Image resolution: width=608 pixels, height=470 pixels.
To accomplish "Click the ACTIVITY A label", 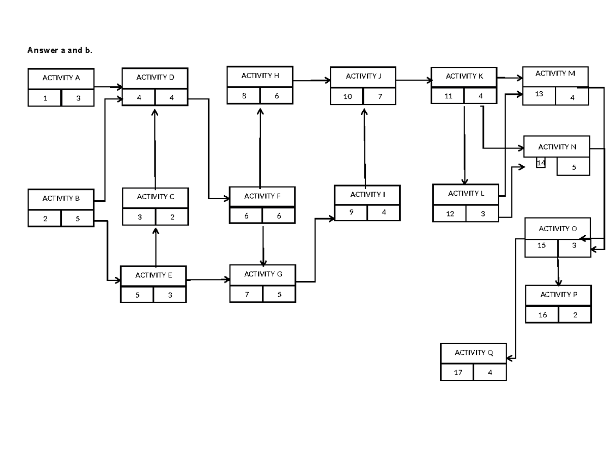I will [61, 78].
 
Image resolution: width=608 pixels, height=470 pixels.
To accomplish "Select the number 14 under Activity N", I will [541, 163].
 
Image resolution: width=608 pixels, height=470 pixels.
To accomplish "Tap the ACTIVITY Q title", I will [473, 353].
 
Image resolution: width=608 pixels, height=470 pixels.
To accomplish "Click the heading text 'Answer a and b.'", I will [60, 51].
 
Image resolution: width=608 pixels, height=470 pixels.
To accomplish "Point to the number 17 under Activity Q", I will [458, 373].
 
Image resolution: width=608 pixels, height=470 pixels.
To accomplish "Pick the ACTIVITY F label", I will [262, 196].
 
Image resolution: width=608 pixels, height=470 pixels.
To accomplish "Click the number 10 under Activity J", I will [347, 96].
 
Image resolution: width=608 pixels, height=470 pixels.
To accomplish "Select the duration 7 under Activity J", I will [379, 96].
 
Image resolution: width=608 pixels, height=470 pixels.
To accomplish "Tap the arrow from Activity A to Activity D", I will [108, 87].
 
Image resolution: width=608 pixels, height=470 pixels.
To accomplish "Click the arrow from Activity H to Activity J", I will [312, 80].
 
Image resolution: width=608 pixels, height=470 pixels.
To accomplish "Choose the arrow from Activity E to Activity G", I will [208, 279].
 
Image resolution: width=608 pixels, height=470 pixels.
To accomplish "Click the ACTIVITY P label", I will [558, 295].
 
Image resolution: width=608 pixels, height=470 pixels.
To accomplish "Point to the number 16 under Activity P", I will [542, 315].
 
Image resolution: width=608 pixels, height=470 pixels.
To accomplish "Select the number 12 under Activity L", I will [449, 214].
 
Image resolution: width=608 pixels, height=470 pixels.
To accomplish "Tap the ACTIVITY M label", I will [555, 74].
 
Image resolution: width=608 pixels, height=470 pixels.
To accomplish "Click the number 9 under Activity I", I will [351, 213].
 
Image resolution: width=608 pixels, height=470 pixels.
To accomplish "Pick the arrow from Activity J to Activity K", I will [413, 80].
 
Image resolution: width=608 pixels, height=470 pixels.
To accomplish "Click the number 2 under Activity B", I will [45, 219].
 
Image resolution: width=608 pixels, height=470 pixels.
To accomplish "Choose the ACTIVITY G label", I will [262, 274].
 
